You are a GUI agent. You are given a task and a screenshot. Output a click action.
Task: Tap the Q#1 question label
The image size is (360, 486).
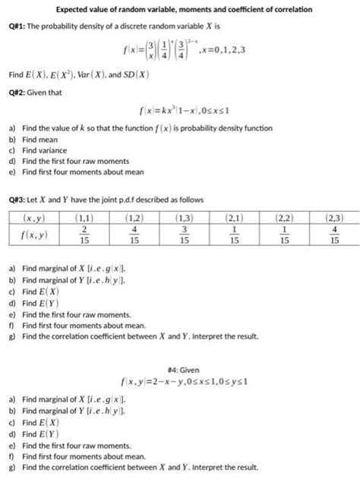click(18, 30)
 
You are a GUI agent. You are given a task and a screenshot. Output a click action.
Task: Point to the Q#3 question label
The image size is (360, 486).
click(18, 200)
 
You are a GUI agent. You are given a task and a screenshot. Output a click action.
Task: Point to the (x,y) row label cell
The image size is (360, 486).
click(31, 219)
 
